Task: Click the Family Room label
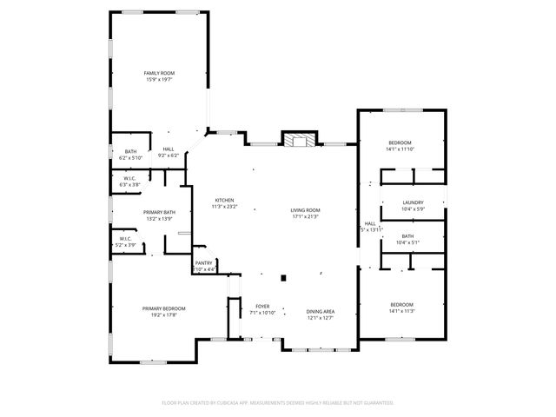[160, 73]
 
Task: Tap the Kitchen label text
[224, 201]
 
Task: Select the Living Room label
[304, 210]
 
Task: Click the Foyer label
[261, 306]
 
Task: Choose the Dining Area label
[321, 312]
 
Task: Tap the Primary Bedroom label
[164, 308]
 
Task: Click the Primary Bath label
[135, 213]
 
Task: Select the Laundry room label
[413, 202]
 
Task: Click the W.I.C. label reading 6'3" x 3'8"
[129, 178]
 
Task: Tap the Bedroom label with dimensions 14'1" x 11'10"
[400, 142]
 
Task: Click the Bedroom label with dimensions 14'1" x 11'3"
[401, 304]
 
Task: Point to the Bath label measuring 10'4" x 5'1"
[407, 236]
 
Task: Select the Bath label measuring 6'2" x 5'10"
[130, 152]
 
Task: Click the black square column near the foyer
[283, 278]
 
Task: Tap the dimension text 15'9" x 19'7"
[160, 79]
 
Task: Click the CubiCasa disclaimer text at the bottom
[278, 402]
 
